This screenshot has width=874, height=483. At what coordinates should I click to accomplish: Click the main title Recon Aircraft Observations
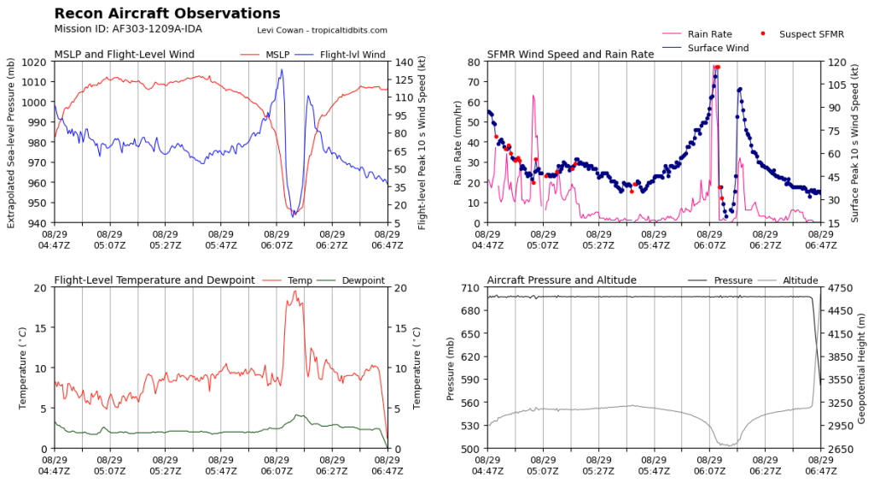166,14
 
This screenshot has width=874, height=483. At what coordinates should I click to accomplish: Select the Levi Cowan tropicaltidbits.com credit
322,30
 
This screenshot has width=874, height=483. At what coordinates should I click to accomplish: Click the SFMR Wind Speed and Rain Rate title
570,55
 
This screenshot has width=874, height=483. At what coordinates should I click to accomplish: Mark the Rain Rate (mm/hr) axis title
457,142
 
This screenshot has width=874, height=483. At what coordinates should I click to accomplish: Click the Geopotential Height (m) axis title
862,368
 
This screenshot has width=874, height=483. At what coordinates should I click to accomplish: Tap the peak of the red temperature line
295,291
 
